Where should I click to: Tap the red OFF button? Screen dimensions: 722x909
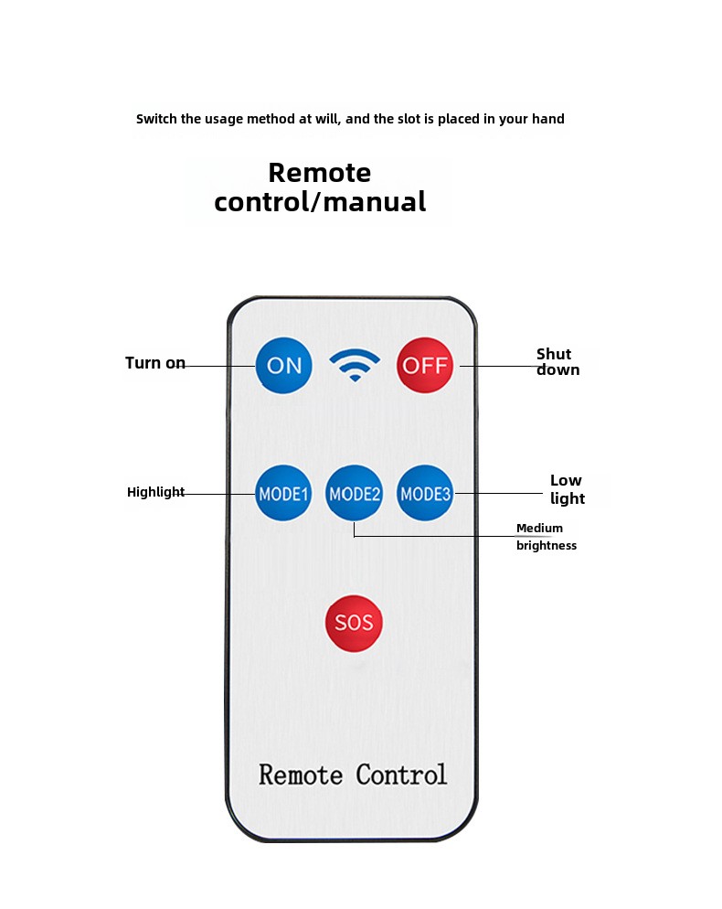pos(425,365)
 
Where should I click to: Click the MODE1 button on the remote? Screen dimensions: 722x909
pos(283,493)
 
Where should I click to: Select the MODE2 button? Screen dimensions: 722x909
pos(354,493)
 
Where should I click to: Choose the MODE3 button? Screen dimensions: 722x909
pos(425,493)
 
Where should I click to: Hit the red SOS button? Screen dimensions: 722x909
pos(354,623)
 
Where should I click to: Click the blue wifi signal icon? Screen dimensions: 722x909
pos(355,365)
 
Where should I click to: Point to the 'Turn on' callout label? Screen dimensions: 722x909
pos(155,363)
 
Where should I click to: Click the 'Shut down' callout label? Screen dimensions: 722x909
pos(557,362)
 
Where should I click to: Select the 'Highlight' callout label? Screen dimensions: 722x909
pos(155,492)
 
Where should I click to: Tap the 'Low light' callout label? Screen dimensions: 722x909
pos(568,489)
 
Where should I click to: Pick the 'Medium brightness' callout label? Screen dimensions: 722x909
pos(546,537)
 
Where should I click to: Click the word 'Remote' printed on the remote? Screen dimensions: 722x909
pos(300,775)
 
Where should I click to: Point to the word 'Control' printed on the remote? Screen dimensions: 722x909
pos(401,775)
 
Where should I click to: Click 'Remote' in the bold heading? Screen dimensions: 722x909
pos(319,173)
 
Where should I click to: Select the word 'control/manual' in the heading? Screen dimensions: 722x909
pos(320,202)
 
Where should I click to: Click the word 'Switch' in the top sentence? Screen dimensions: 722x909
pos(156,119)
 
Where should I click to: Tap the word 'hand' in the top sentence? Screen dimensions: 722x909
pos(548,119)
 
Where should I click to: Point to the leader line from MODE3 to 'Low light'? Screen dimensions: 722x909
pos(499,493)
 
